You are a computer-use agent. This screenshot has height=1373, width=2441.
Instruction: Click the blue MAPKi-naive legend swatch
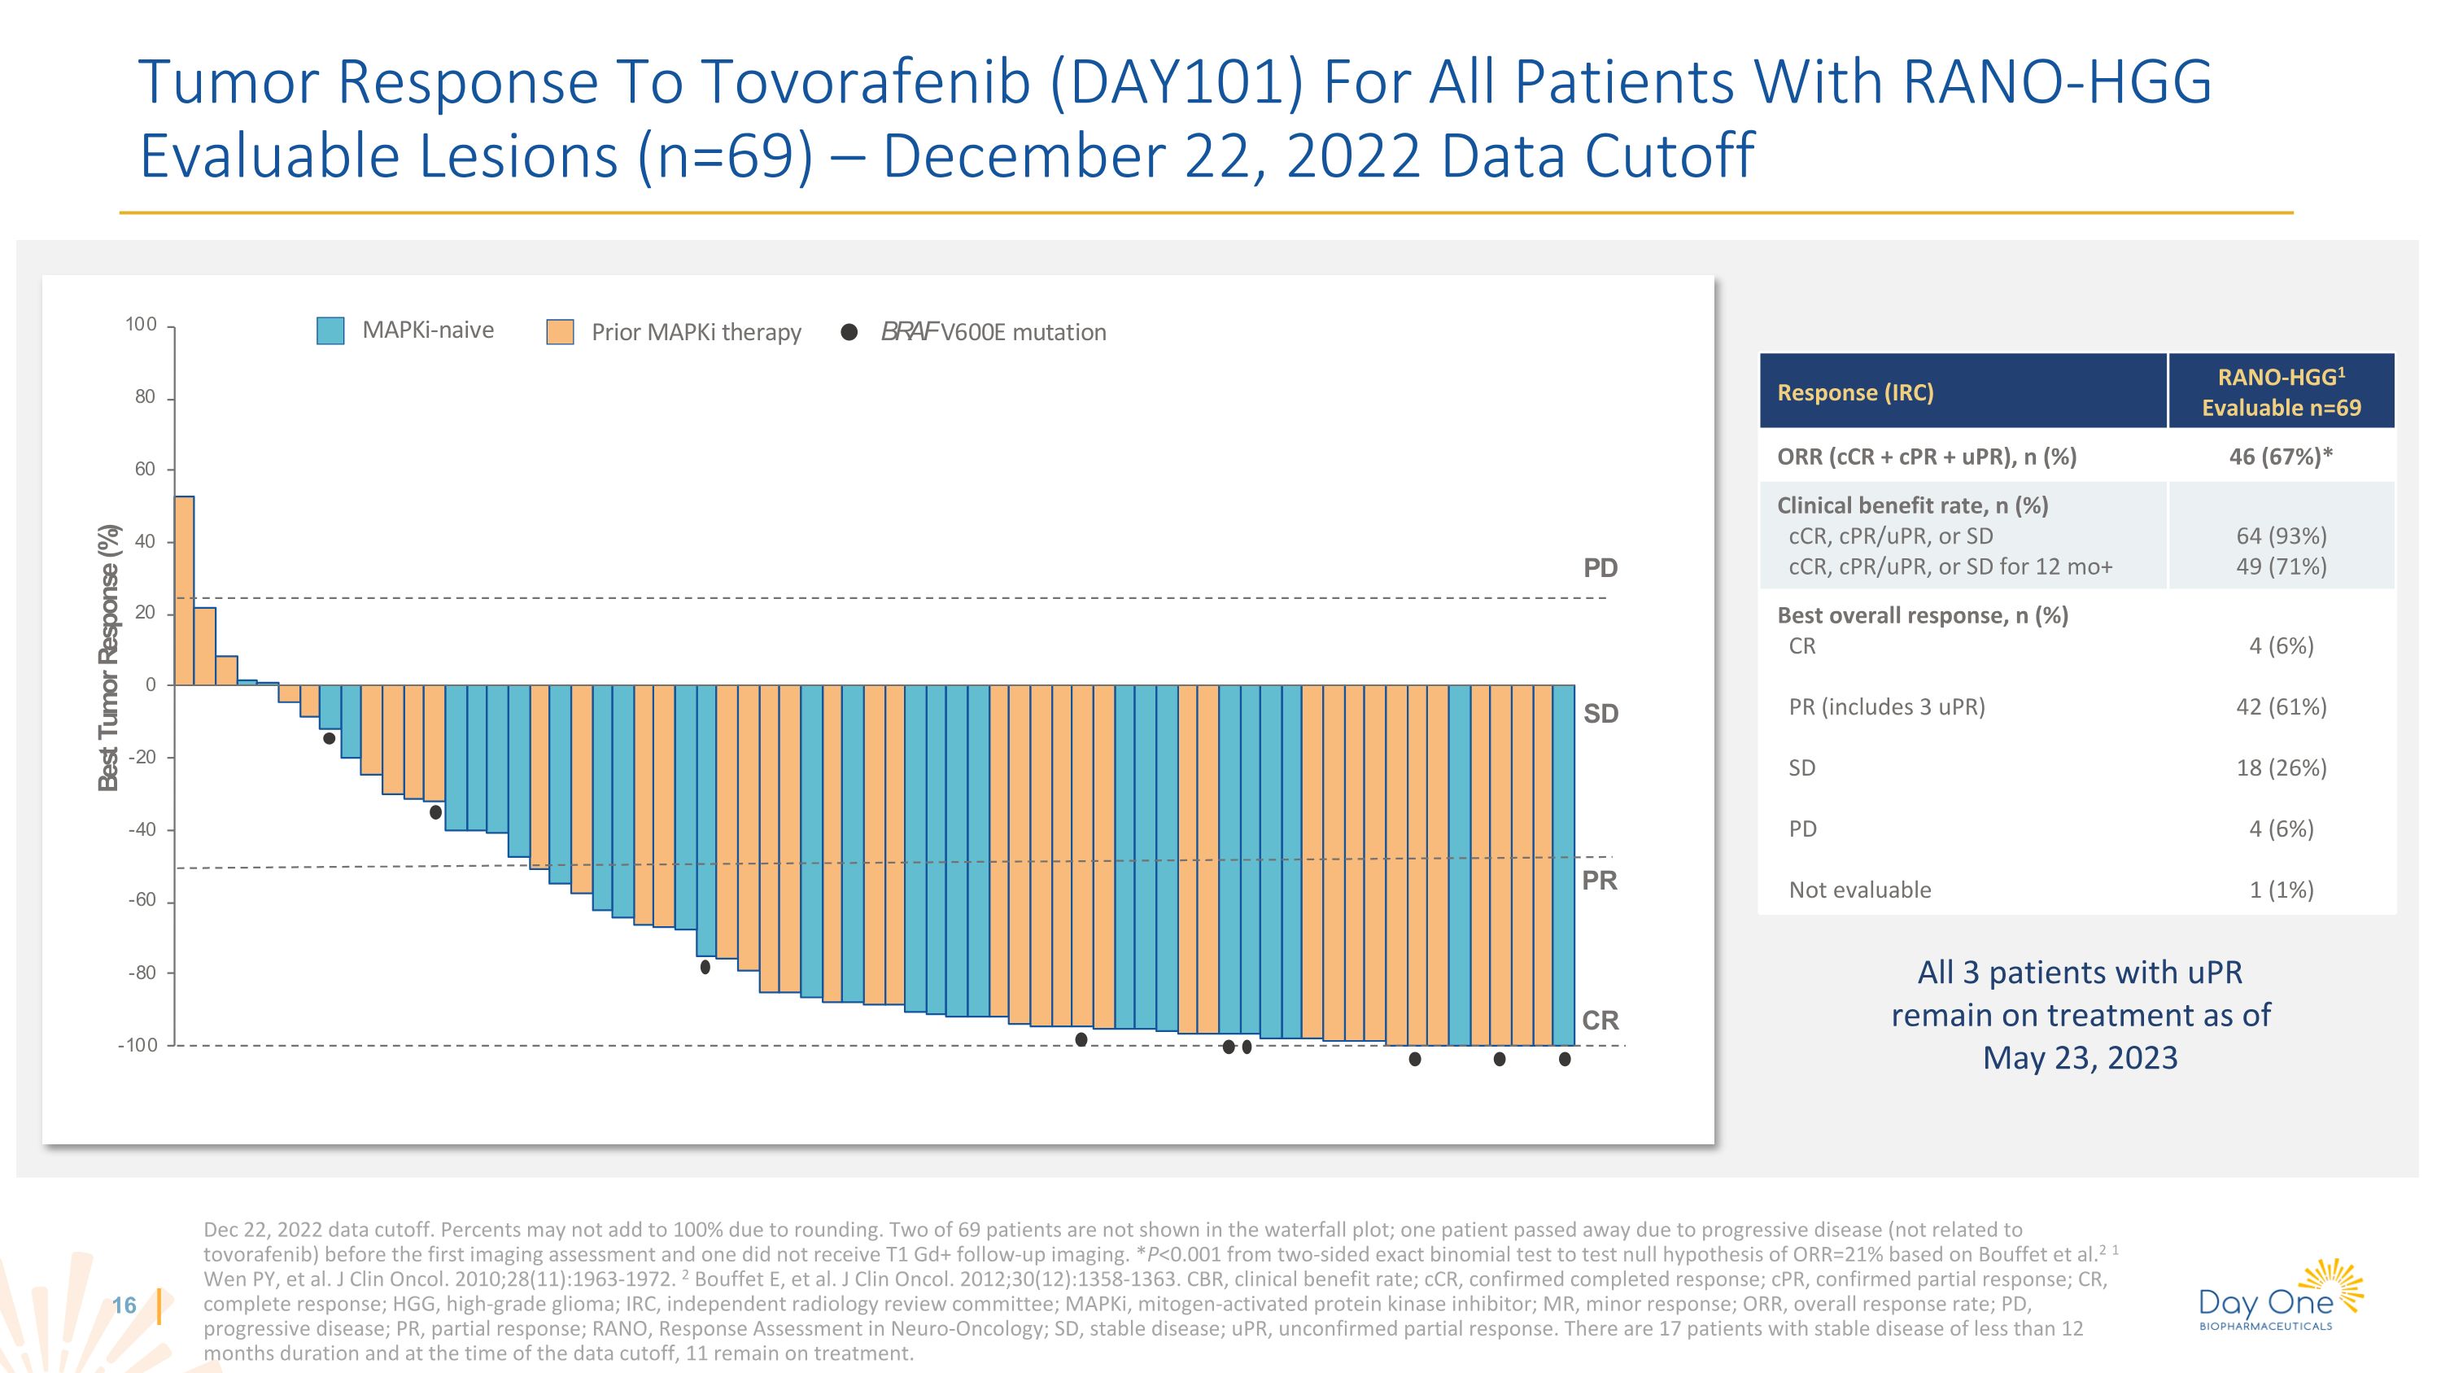coord(330,330)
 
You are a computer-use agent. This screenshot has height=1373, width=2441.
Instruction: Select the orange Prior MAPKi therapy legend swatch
coord(560,331)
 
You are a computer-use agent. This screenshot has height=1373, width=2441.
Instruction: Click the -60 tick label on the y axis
coord(143,900)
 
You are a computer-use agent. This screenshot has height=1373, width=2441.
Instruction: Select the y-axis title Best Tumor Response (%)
coord(110,658)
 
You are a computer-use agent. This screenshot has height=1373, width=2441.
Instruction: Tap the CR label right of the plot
coord(1600,1021)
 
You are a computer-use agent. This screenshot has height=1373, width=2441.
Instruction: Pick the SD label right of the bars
coord(1600,715)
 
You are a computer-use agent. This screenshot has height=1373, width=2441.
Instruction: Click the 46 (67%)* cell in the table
coord(2280,457)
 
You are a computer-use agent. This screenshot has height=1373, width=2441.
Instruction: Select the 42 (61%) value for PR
coord(2281,707)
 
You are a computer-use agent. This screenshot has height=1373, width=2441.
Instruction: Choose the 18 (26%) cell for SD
coord(2281,767)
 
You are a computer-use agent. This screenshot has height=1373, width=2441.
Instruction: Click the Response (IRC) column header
coord(1854,392)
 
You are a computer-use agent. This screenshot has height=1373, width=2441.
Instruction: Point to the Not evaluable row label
coord(1859,890)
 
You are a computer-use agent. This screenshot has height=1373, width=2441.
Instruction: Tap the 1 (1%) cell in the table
coord(2281,890)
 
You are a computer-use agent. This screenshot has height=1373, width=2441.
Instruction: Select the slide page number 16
coord(124,1305)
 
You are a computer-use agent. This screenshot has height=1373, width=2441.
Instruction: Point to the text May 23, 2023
coord(2080,1057)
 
